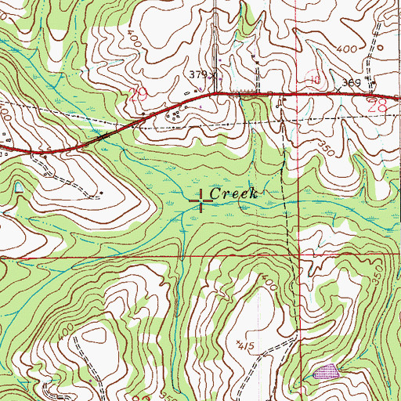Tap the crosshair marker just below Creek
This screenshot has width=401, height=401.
pyautogui.click(x=201, y=205)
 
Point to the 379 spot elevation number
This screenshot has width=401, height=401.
pyautogui.click(x=200, y=75)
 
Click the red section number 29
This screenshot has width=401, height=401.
pyautogui.click(x=139, y=95)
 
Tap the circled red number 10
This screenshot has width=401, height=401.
pyautogui.click(x=314, y=80)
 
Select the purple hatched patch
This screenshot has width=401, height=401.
pyautogui.click(x=326, y=371)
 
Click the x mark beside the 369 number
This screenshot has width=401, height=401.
pyautogui.click(x=339, y=91)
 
